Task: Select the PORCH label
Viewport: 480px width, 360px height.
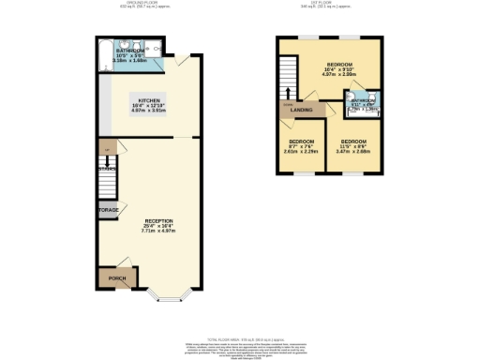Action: [x=116, y=278]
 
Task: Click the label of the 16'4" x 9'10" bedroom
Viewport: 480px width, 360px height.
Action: [x=338, y=64]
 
